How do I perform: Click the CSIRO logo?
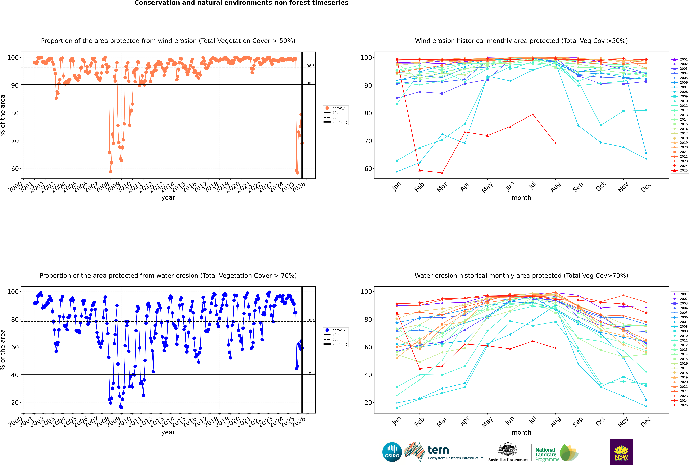click(x=392, y=452)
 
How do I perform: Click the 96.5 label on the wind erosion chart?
click(x=310, y=66)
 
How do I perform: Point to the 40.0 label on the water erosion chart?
click(x=310, y=373)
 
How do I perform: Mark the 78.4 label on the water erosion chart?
click(x=310, y=320)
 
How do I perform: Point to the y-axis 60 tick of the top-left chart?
click(x=15, y=169)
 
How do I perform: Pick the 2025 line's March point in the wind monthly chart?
click(x=442, y=173)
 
